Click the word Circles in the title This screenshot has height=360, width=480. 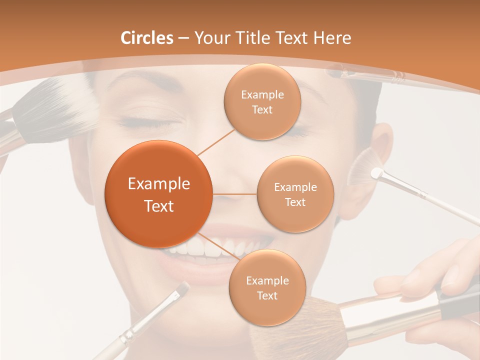point(146,38)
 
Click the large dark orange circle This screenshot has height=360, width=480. point(158,194)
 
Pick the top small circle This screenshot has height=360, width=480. point(262,101)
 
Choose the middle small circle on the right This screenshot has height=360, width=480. point(295,194)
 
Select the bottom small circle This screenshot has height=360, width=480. point(267,288)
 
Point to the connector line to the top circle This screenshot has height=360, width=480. point(216,142)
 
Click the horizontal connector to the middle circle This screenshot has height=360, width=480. point(234,194)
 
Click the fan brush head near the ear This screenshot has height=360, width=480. point(363,169)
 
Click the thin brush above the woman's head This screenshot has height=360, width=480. point(370,75)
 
